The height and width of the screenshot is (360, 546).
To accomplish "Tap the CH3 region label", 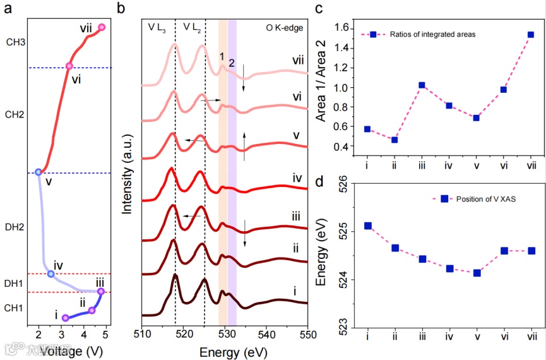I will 16,42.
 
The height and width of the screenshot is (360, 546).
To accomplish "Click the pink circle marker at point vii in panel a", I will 102,27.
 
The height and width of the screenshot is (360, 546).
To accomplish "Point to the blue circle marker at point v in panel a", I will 39,172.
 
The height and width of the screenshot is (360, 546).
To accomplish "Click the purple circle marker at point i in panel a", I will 65,318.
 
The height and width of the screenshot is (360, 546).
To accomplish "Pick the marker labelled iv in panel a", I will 50,273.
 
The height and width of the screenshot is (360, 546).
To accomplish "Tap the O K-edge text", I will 285,27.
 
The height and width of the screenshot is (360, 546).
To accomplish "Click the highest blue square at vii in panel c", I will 531,35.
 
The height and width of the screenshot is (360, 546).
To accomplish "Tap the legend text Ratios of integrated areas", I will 432,34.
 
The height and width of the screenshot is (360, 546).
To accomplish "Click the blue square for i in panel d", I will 367,225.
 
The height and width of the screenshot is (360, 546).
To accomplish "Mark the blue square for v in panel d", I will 477,273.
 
